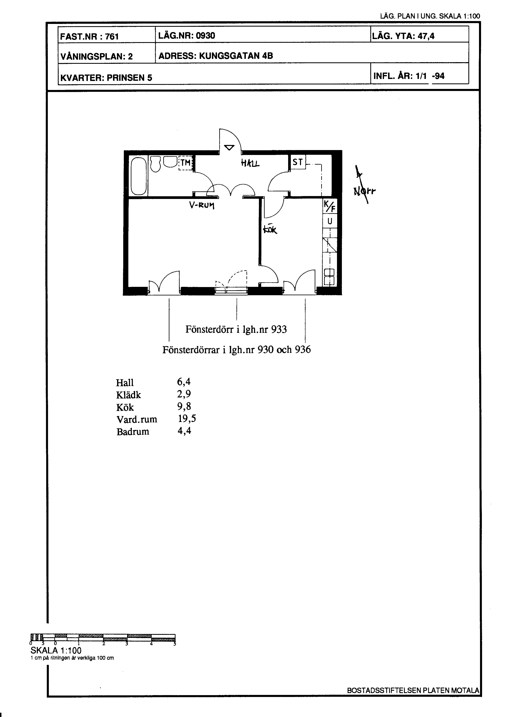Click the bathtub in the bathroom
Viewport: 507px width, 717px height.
pos(139,176)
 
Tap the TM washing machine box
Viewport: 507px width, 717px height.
pos(185,163)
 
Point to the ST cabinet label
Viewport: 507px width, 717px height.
pos(298,162)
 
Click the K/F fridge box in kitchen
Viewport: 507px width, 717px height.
pos(330,206)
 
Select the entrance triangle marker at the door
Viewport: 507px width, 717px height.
pos(229,147)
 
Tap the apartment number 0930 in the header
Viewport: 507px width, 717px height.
pos(205,36)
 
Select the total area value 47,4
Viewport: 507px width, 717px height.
pos(426,36)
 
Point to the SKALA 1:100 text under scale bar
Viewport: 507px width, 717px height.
pos(56,651)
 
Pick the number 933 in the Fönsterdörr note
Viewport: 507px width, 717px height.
pos(279,329)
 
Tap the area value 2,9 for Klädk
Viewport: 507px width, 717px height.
pos(184,394)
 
